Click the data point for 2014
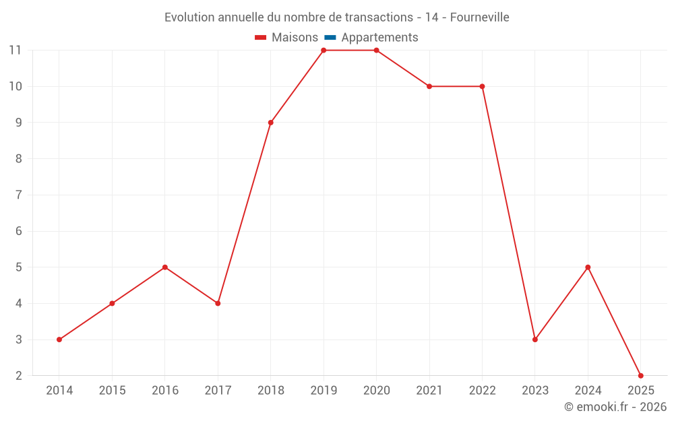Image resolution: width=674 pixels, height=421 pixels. [x=59, y=339]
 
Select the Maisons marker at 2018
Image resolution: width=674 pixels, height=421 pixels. [x=271, y=123]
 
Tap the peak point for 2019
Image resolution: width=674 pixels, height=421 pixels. [x=324, y=51]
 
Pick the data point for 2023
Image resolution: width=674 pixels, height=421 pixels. [x=535, y=339]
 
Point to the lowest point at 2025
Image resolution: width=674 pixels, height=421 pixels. [x=641, y=375]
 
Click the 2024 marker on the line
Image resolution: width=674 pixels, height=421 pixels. [x=588, y=267]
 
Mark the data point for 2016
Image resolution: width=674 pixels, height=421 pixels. [x=165, y=267]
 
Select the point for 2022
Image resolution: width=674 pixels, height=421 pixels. [x=482, y=86]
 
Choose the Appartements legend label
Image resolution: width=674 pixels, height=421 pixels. [x=379, y=38]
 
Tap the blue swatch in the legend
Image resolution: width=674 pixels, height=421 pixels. [x=330, y=38]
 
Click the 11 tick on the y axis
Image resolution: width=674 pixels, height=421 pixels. [x=16, y=51]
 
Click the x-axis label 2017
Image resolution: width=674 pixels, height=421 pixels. [x=218, y=391]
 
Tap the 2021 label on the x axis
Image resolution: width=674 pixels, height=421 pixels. [x=429, y=391]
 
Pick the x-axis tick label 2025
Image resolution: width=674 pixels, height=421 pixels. [x=641, y=391]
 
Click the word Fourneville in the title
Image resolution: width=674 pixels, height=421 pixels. [x=479, y=18]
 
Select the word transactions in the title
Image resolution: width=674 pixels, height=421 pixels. [x=379, y=18]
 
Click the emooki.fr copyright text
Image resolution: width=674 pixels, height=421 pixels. [x=615, y=408]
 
